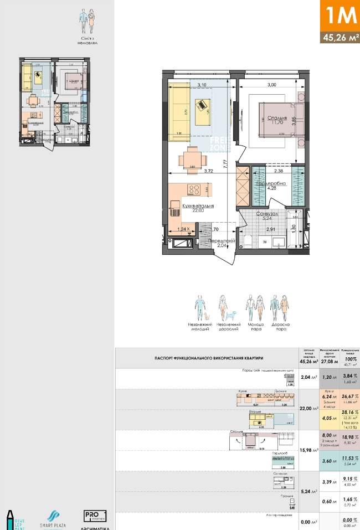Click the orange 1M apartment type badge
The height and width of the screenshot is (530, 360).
click(340, 15)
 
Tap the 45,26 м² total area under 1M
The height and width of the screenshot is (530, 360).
click(340, 38)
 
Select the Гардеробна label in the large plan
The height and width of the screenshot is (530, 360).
click(271, 184)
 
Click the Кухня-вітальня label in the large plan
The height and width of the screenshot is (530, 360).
click(198, 206)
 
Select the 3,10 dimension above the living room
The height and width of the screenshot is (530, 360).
click(202, 85)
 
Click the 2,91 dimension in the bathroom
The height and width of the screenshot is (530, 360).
click(271, 228)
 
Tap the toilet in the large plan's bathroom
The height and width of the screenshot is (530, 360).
click(249, 241)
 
